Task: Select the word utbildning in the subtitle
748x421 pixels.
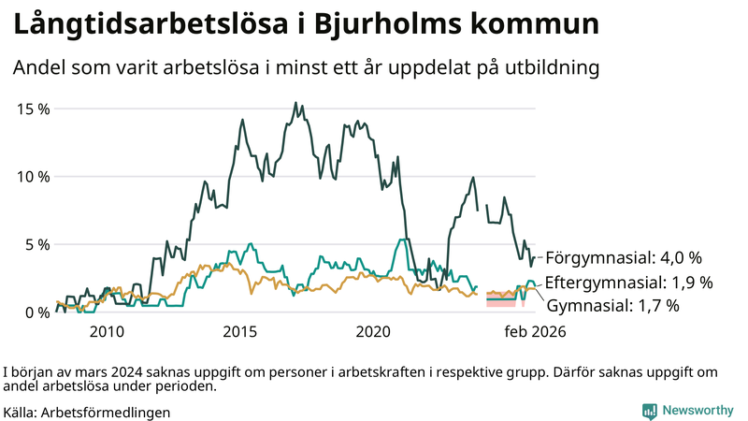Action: coord(545,69)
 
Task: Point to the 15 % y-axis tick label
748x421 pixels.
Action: coord(35,109)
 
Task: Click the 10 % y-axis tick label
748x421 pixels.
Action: coord(35,177)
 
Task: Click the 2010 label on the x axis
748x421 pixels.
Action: coord(107,332)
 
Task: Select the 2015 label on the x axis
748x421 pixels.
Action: coord(240,332)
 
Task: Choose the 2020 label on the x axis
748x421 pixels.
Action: coord(374,332)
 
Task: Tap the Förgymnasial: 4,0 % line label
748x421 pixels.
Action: coord(623,257)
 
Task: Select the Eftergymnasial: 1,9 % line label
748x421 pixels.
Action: coord(628,282)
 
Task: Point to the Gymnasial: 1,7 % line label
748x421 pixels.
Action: coord(612,305)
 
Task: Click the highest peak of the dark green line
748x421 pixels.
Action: coord(295,103)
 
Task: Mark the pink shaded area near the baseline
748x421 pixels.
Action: coord(501,302)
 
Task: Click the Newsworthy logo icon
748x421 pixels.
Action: coord(648,411)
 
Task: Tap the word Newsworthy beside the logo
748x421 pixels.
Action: coord(698,411)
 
